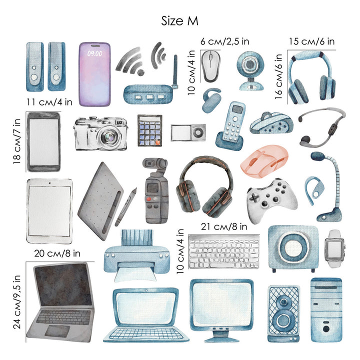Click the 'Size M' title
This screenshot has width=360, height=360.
pyautogui.click(x=179, y=21)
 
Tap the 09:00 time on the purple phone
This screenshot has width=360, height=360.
pyautogui.click(x=94, y=53)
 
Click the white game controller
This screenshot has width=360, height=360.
pyautogui.click(x=271, y=199)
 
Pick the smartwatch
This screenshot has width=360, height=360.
pyautogui.click(x=334, y=248)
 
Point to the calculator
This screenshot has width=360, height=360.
pyautogui.click(x=149, y=130)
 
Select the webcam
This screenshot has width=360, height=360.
pyautogui.click(x=250, y=70)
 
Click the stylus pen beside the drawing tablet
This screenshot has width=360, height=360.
pyautogui.click(x=126, y=206)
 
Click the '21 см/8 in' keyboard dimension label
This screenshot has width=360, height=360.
pyautogui.click(x=224, y=227)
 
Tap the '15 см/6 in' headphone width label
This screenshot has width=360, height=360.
pyautogui.click(x=311, y=41)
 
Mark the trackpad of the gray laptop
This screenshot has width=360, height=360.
pyautogui.click(x=57, y=331)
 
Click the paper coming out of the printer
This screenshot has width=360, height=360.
pyautogui.click(x=135, y=274)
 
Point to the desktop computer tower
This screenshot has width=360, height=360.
pyautogui.click(x=326, y=309)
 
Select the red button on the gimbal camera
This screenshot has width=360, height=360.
pyautogui.click(x=149, y=199)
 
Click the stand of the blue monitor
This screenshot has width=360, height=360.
pyautogui.click(x=222, y=336)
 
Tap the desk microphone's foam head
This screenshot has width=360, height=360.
pyautogui.click(x=318, y=156)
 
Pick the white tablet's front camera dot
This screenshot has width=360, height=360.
pyautogui.click(x=50, y=183)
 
